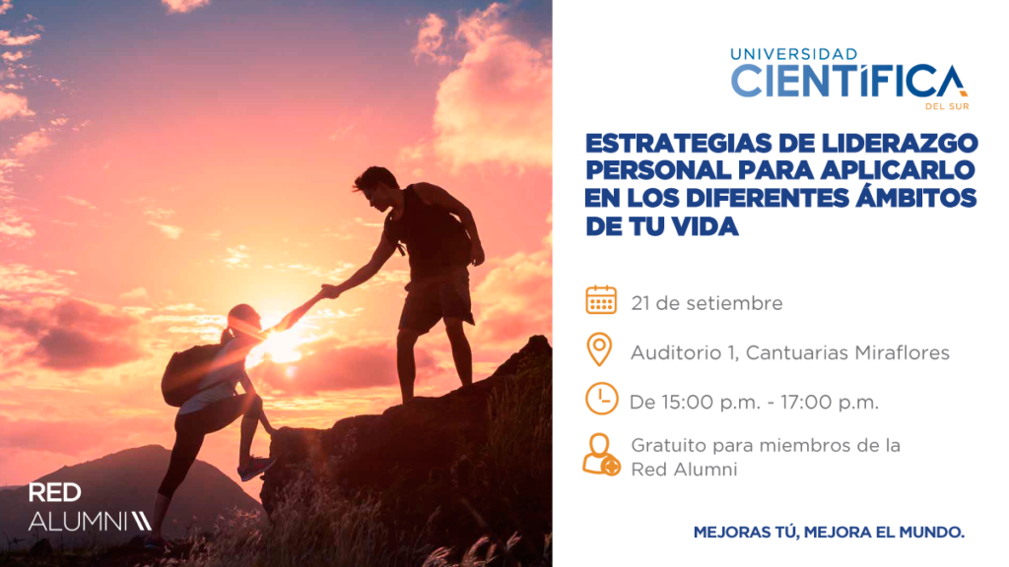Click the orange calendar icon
[601, 300]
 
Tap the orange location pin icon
[599, 349]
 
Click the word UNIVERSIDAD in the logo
[794, 54]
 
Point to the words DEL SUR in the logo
[947, 106]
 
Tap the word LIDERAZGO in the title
[892, 143]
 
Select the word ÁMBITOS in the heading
[915, 196]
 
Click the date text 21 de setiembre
[706, 303]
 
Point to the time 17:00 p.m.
[830, 403]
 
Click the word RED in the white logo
[55, 493]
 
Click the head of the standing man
[377, 186]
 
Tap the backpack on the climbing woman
[187, 375]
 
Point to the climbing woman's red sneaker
[256, 468]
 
